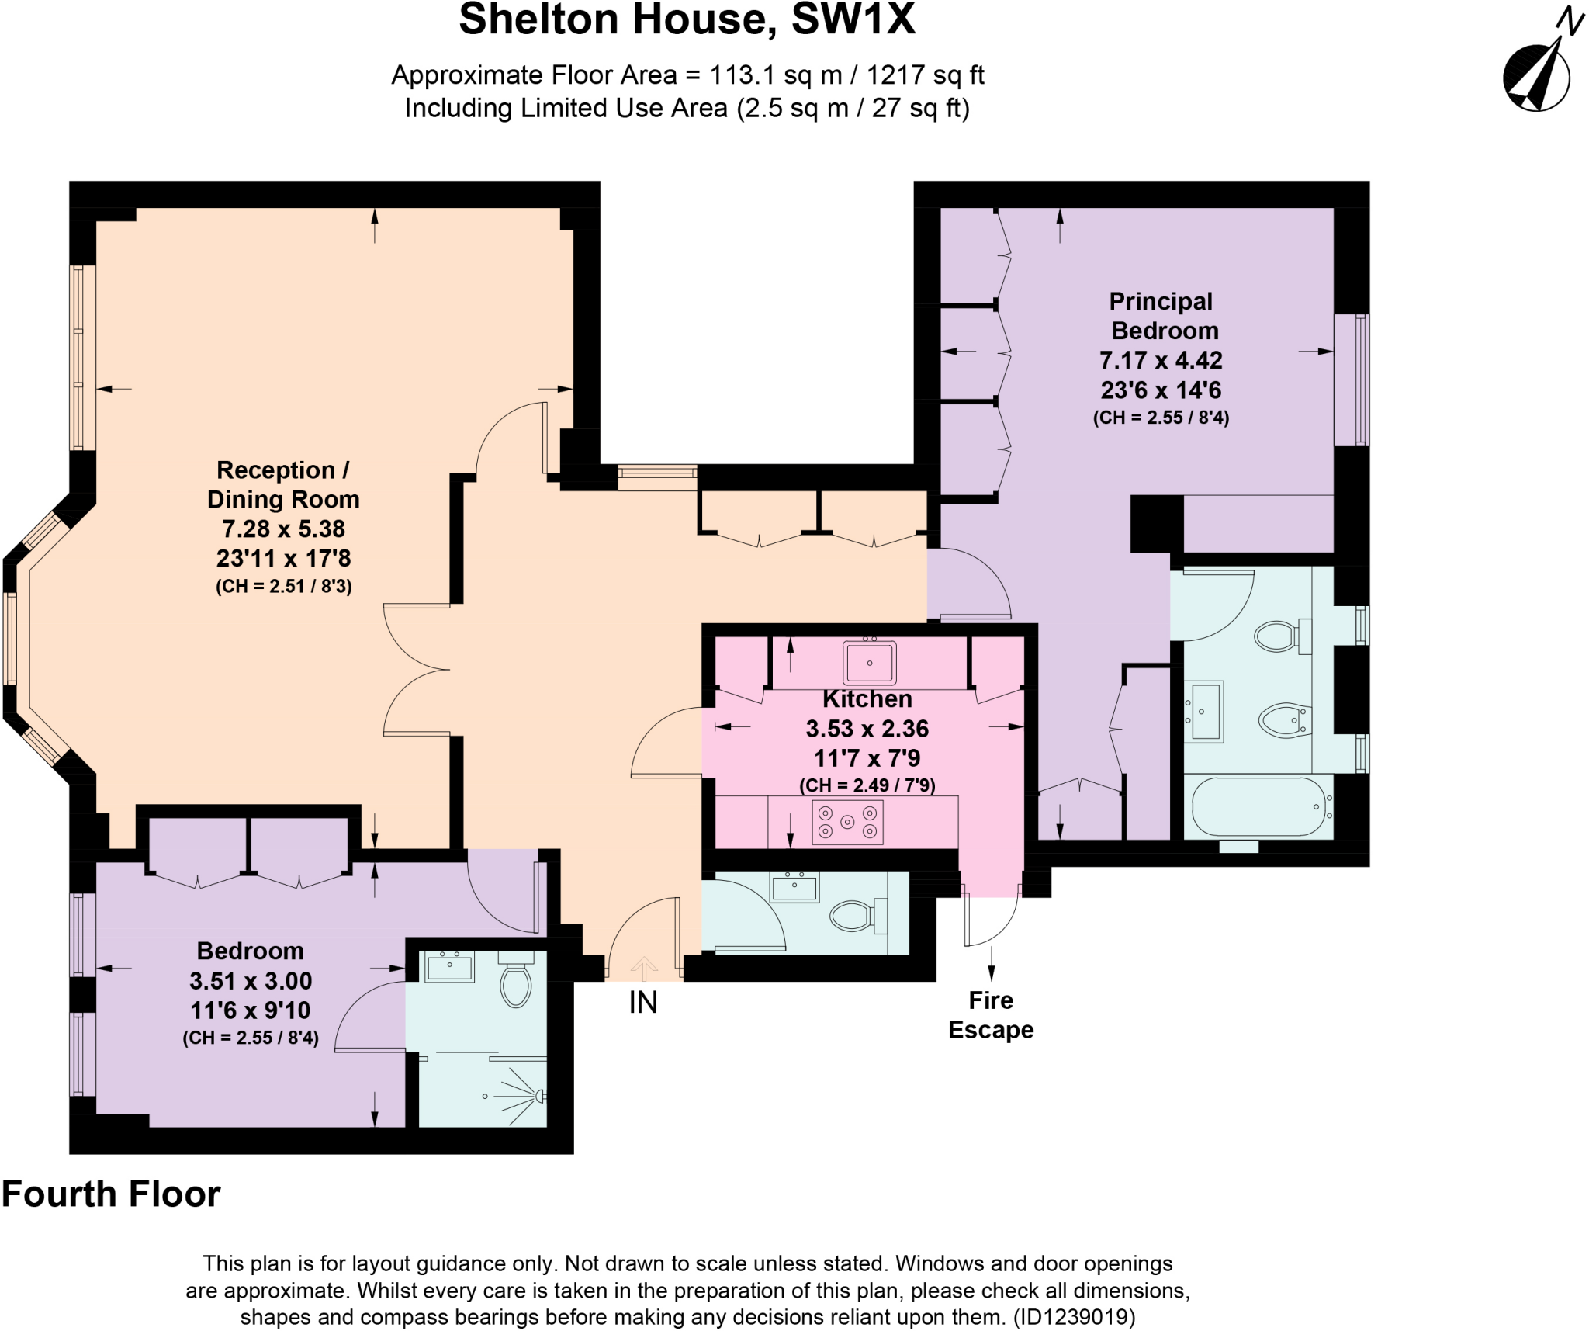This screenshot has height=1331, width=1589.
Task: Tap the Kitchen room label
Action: [x=867, y=698]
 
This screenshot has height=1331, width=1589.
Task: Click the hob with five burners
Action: [x=847, y=822]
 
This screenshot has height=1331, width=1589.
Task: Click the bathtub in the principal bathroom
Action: [x=1258, y=807]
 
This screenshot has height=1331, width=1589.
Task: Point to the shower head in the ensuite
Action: [x=539, y=1096]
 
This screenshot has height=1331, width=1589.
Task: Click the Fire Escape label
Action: [x=991, y=1014]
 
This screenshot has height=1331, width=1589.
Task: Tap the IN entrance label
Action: [x=643, y=1003]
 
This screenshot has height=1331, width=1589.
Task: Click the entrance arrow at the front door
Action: [x=644, y=969]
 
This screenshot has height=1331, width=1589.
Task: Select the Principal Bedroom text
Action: [x=1161, y=316]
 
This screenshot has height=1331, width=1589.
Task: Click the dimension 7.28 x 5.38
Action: [x=283, y=529]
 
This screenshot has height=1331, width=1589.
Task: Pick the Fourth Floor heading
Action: [x=112, y=1194]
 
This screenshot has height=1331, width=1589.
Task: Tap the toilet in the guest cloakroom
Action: [x=857, y=916]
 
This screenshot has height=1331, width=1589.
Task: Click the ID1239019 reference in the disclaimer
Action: [x=1075, y=1316]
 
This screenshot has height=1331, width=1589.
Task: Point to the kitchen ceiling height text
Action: [x=867, y=785]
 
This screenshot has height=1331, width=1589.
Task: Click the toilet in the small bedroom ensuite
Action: [x=515, y=982]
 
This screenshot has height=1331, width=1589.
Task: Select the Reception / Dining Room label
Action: [x=283, y=484]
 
